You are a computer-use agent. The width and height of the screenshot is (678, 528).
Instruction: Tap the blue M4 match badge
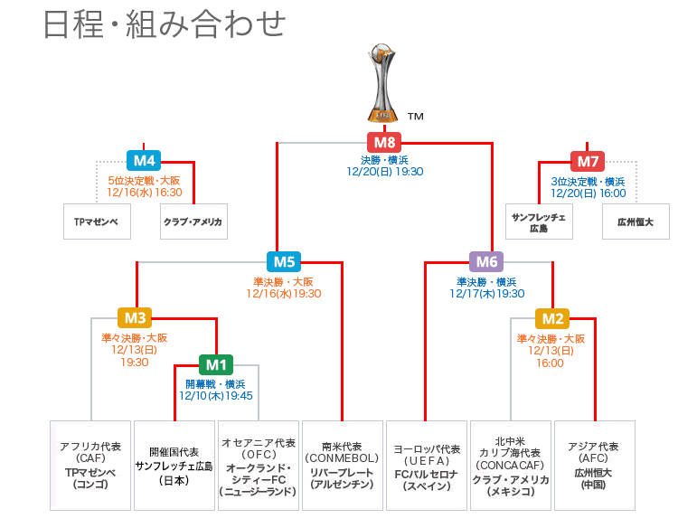click(x=145, y=160)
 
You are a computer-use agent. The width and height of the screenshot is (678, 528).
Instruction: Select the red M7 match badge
click(x=588, y=162)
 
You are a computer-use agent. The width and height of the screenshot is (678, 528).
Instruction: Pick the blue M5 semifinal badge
click(x=284, y=262)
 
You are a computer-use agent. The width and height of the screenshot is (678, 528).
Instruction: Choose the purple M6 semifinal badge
click(x=486, y=262)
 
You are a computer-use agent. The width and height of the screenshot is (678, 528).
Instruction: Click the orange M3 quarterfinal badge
click(x=136, y=317)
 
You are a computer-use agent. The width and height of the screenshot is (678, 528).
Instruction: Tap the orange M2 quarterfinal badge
click(x=552, y=317)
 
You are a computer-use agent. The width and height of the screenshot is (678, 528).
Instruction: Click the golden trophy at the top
click(x=385, y=82)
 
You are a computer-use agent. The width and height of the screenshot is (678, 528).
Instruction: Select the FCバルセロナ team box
click(x=427, y=466)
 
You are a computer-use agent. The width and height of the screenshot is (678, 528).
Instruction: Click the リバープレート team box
click(x=342, y=466)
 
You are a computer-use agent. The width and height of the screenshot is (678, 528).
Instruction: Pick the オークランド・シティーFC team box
click(x=259, y=466)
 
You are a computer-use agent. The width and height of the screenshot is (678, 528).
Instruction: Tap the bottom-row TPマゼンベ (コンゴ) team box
click(x=90, y=466)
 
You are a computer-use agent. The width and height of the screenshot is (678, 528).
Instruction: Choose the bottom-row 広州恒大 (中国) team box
click(x=593, y=466)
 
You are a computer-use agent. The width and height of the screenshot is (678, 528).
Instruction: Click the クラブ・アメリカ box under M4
click(x=193, y=222)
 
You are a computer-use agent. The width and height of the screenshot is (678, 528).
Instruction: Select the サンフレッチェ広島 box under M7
click(x=539, y=222)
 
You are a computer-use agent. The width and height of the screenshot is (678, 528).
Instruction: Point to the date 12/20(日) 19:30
click(x=386, y=171)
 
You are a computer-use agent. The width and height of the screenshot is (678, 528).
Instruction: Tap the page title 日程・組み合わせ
click(x=165, y=24)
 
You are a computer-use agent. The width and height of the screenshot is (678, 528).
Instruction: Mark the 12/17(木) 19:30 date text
click(x=486, y=293)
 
